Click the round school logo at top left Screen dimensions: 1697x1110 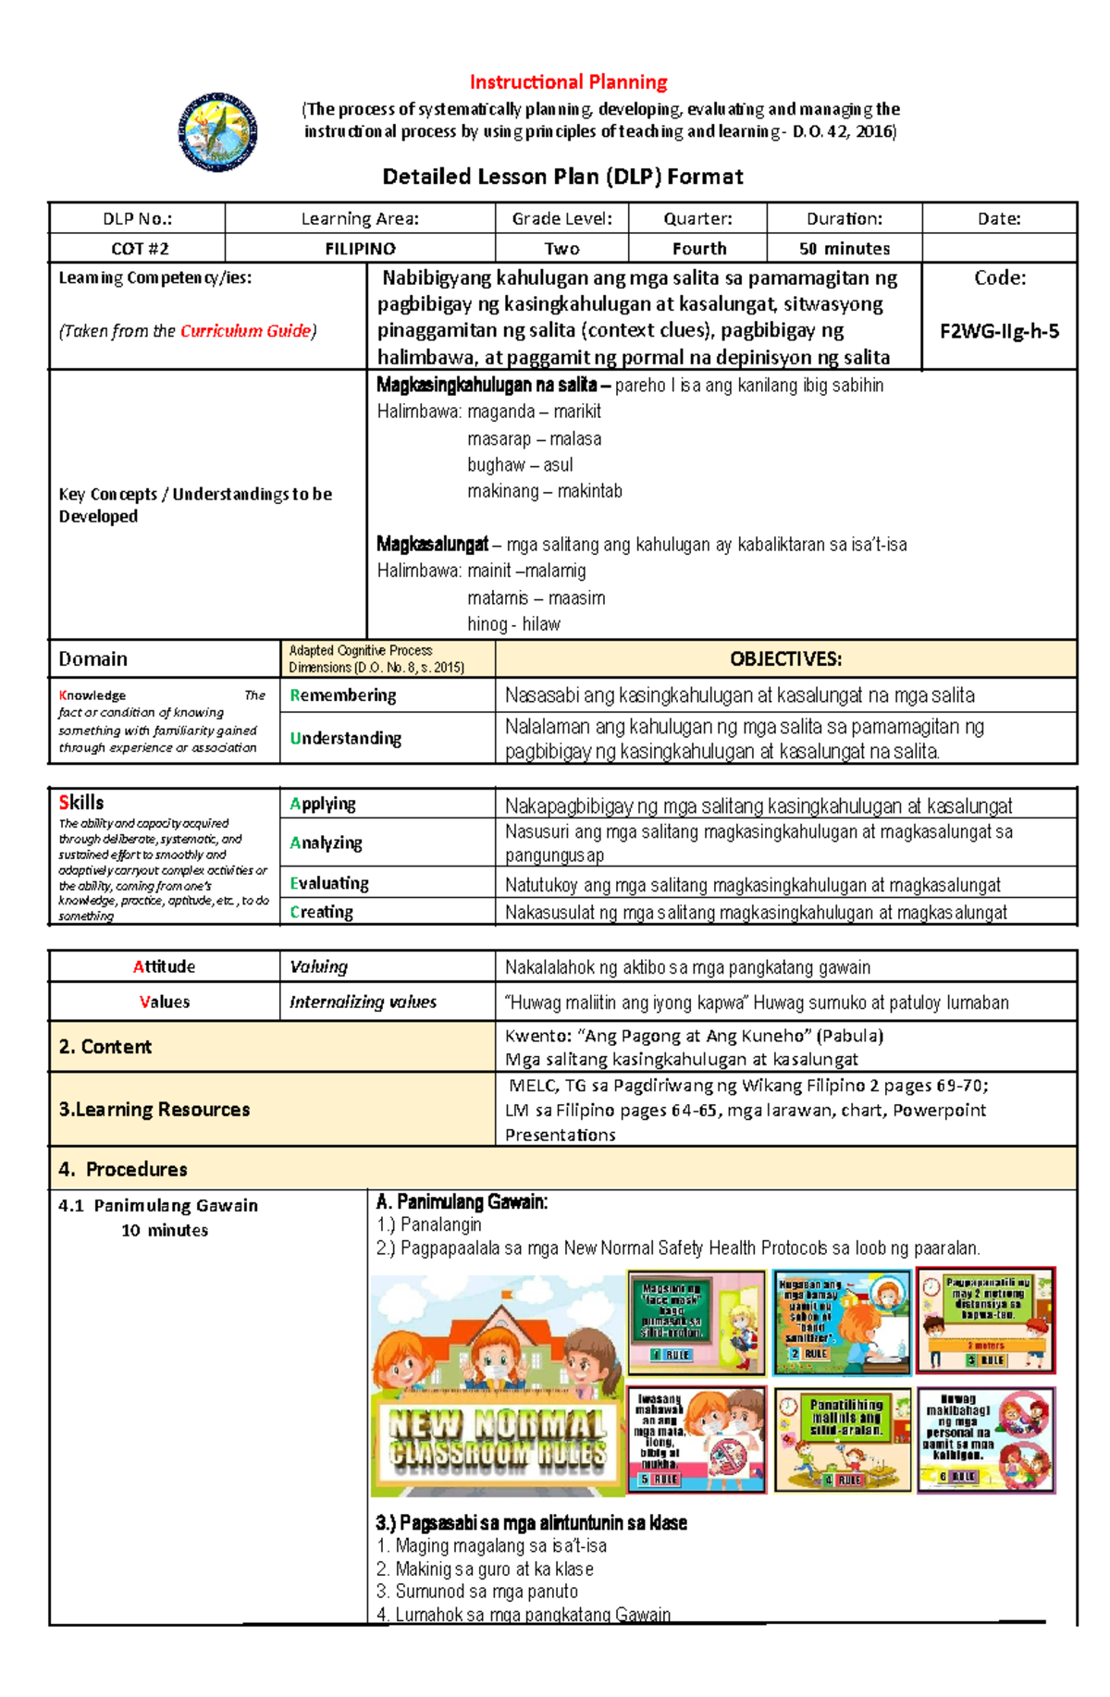pyautogui.click(x=218, y=132)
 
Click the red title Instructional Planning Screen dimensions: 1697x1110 pyautogui.click(x=568, y=82)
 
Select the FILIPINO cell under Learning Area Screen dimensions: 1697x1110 pyautogui.click(x=360, y=249)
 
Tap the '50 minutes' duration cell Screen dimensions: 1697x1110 pyautogui.click(x=844, y=249)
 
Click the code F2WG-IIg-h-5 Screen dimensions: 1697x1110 pyautogui.click(x=999, y=331)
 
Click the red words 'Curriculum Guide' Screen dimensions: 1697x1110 pyautogui.click(x=246, y=331)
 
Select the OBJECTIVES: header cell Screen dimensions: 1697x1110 pyautogui.click(x=785, y=659)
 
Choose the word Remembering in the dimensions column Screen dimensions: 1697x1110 pyautogui.click(x=343, y=695)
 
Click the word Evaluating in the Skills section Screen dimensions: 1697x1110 pyautogui.click(x=329, y=883)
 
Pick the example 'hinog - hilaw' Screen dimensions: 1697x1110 pyautogui.click(x=513, y=624)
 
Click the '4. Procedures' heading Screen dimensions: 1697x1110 pyautogui.click(x=123, y=1169)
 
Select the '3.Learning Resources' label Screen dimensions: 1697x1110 pyautogui.click(x=154, y=1109)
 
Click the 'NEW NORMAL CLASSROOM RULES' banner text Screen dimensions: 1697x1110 pyautogui.click(x=498, y=1437)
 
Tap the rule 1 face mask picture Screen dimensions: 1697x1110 pyautogui.click(x=697, y=1321)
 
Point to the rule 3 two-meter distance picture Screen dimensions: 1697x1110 pyautogui.click(x=985, y=1321)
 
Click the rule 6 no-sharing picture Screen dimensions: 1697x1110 pyautogui.click(x=985, y=1439)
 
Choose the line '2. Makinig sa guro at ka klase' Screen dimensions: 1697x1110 pyautogui.click(x=485, y=1569)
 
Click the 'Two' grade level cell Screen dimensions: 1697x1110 pyautogui.click(x=561, y=249)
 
